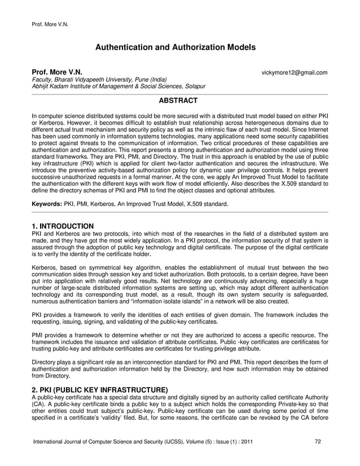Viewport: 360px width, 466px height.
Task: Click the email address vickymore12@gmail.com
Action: click(x=295, y=73)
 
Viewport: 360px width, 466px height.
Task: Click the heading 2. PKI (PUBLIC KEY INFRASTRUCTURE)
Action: click(x=100, y=390)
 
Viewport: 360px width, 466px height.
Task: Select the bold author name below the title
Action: click(x=56, y=73)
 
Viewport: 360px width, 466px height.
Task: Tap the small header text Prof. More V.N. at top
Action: click(x=48, y=24)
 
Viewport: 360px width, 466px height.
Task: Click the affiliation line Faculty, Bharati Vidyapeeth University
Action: click(x=99, y=80)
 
